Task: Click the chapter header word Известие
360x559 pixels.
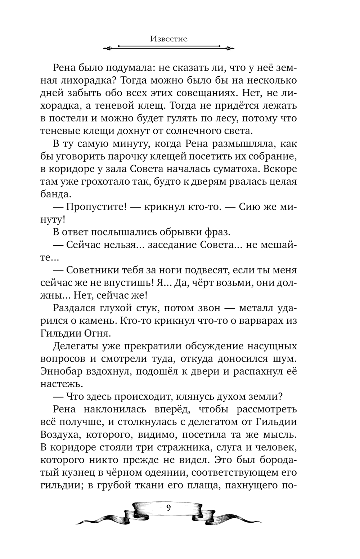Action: click(x=168, y=39)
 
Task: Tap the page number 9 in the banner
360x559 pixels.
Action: click(x=168, y=509)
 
